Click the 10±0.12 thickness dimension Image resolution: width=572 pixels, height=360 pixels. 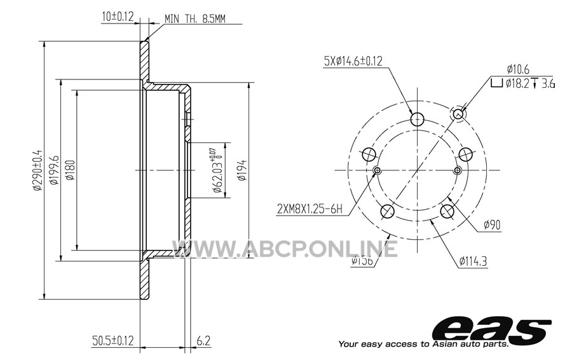[118, 17]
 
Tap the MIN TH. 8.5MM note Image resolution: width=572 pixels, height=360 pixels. [195, 18]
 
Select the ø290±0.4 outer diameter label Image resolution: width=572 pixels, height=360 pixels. [37, 170]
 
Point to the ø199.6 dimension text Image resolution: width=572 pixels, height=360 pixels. [54, 170]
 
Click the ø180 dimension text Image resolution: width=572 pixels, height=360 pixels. [71, 170]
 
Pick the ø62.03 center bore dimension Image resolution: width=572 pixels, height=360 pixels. [217, 170]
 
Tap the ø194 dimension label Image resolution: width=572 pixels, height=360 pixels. [242, 170]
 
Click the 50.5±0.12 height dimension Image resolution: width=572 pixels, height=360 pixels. [112, 341]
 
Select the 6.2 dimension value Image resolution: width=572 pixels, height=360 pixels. [203, 341]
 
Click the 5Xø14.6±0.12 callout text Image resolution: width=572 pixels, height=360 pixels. [353, 60]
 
